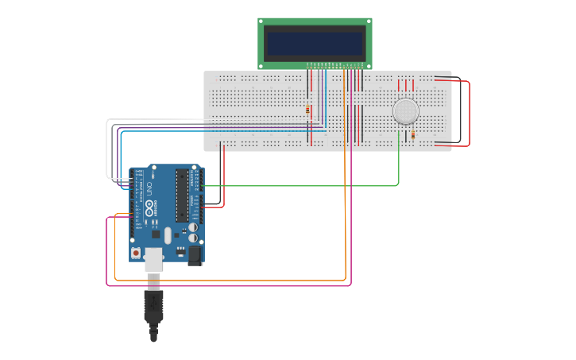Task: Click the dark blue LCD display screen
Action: pyautogui.click(x=315, y=43)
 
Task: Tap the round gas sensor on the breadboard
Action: pyautogui.click(x=406, y=111)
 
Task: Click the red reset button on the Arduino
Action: pyautogui.click(x=137, y=253)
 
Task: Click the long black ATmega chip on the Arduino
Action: pyautogui.click(x=183, y=195)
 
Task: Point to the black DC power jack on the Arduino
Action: pyautogui.click(x=193, y=255)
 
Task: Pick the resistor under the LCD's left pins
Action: pyautogui.click(x=308, y=110)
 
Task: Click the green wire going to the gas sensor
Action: pyautogui.click(x=318, y=186)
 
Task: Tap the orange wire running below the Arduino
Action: pyautogui.click(x=238, y=281)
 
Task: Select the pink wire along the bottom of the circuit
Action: pyautogui.click(x=238, y=286)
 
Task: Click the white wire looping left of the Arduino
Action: pyautogui.click(x=107, y=151)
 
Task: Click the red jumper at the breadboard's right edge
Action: pyautogui.click(x=469, y=111)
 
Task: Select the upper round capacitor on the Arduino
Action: pyautogui.click(x=192, y=227)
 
